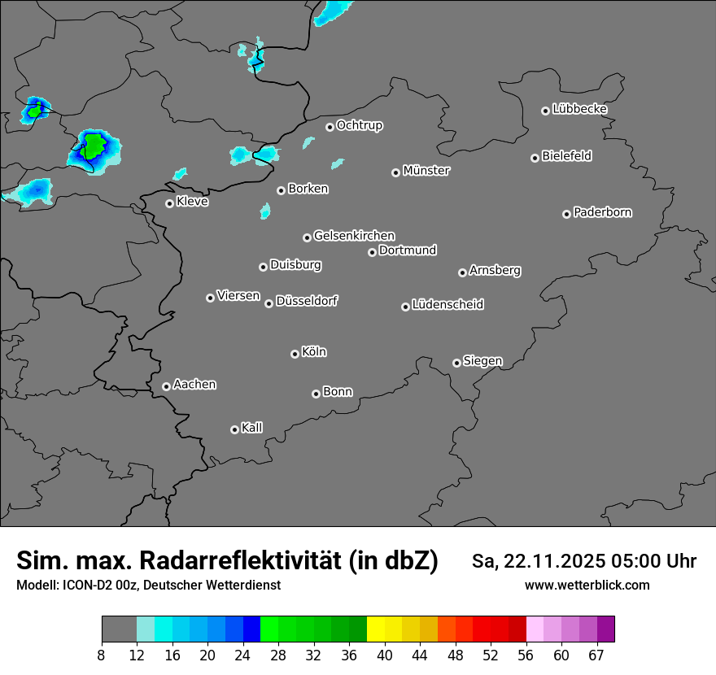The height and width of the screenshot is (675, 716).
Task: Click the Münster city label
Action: (426, 171)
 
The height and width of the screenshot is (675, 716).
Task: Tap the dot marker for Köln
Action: (295, 354)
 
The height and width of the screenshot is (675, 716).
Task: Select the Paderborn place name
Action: (603, 212)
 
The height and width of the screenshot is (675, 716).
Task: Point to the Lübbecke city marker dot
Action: (545, 111)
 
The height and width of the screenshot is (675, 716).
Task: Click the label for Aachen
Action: (194, 384)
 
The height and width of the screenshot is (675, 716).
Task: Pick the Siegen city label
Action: (482, 360)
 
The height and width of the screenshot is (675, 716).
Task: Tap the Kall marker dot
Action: (234, 429)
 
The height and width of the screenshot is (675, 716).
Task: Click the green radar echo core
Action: (94, 146)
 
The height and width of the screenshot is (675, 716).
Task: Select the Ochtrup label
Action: (360, 125)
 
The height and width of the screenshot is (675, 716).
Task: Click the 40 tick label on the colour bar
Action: (385, 655)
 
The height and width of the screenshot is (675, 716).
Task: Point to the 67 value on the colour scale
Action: (596, 655)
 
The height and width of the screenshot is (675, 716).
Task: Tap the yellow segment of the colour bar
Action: (376, 629)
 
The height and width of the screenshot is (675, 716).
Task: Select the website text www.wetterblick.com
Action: (587, 585)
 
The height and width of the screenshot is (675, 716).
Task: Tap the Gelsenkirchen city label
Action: (354, 236)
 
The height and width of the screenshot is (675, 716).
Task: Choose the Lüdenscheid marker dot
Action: (405, 307)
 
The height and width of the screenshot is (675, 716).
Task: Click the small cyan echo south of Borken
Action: (265, 211)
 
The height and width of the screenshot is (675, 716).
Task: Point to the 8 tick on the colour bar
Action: (102, 655)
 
